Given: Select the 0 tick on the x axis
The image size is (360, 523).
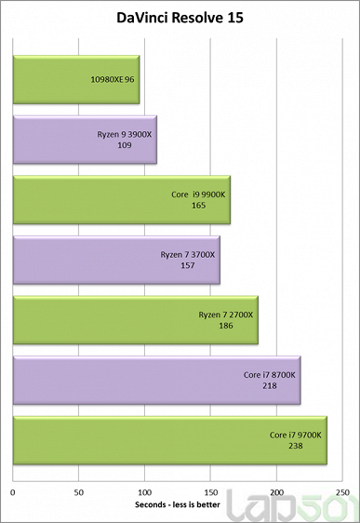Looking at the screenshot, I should pyautogui.click(x=13, y=490).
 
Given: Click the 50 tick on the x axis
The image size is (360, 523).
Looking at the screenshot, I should pyautogui.click(x=79, y=490).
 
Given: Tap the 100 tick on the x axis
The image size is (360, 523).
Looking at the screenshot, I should pyautogui.click(x=145, y=490).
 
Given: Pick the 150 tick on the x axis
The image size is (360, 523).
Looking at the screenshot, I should pyautogui.click(x=211, y=490).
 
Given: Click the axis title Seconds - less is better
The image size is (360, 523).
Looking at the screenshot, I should pyautogui.click(x=180, y=503).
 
